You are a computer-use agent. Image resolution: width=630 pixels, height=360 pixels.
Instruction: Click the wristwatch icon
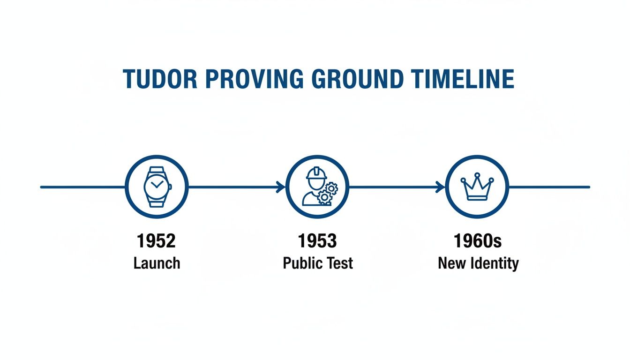[x=157, y=187]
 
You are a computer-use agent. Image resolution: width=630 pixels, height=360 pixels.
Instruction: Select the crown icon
[x=477, y=187]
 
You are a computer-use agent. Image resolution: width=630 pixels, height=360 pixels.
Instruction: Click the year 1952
[x=157, y=241]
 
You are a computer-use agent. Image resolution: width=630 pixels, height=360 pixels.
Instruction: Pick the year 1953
[x=317, y=241]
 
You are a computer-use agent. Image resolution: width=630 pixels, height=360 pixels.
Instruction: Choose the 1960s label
[x=478, y=241]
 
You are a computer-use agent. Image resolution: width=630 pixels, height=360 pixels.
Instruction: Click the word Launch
[x=157, y=263]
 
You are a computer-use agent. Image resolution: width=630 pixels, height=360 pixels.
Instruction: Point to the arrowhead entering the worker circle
[x=282, y=187]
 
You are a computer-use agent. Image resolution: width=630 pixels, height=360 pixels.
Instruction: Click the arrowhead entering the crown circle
[x=441, y=187]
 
